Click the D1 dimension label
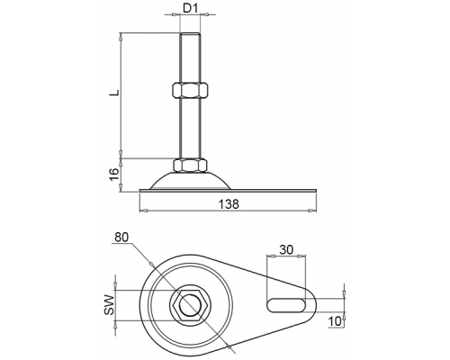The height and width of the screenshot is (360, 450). [190, 8]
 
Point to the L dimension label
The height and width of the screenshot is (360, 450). [114, 93]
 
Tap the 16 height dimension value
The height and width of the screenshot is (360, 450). [114, 175]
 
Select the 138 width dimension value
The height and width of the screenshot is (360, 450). [229, 204]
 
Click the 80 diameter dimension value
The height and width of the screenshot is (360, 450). [121, 238]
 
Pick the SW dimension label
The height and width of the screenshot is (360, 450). [110, 305]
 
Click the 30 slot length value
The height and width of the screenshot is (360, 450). [286, 249]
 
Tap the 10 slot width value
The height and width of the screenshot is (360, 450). [335, 321]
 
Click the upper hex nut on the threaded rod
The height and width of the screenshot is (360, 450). [190, 89]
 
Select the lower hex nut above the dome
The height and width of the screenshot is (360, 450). [190, 166]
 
